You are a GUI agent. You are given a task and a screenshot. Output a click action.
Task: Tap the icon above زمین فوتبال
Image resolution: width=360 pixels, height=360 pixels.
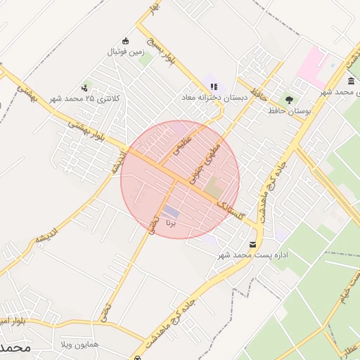point(126,40)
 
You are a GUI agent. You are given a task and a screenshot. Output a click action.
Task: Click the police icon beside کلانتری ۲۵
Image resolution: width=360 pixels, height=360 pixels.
point(85,88)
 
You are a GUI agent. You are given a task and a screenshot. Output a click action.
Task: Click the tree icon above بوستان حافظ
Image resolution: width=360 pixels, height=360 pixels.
point(289,99)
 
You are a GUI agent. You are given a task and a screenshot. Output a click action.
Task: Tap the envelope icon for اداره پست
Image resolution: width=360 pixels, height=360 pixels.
point(252,244)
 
